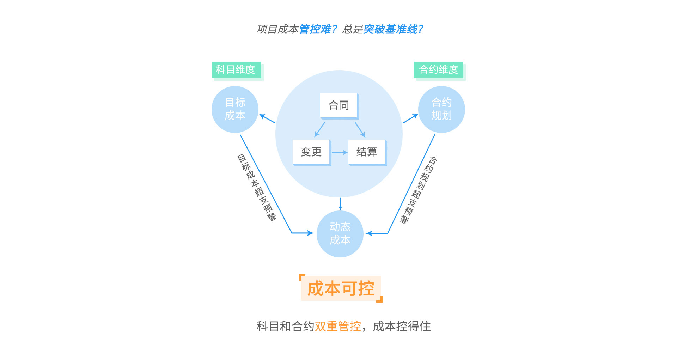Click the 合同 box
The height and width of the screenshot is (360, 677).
click(x=338, y=105)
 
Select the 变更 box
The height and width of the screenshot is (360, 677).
click(x=311, y=152)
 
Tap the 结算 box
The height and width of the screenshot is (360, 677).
click(x=367, y=152)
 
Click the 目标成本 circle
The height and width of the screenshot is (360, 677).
click(x=235, y=109)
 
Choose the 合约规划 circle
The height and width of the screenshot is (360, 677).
click(x=441, y=109)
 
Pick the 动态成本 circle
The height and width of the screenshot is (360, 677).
click(x=340, y=234)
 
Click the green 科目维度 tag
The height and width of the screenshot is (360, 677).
click(x=236, y=70)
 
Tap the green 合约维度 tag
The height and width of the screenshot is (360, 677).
click(x=438, y=70)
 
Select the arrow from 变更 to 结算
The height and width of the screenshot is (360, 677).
click(x=340, y=152)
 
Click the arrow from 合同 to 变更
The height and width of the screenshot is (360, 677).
click(x=319, y=130)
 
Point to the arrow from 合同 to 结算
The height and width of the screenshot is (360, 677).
click(x=360, y=130)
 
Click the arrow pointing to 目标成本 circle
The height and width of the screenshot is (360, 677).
click(x=267, y=118)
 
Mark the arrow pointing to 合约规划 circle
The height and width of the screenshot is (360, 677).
click(x=410, y=119)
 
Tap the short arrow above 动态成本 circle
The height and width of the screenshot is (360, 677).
click(x=340, y=204)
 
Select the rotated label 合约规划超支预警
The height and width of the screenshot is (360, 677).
click(x=419, y=190)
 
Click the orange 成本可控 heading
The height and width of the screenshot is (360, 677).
click(x=341, y=288)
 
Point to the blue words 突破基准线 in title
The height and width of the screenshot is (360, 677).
click(x=390, y=29)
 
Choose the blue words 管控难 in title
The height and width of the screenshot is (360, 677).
click(x=315, y=29)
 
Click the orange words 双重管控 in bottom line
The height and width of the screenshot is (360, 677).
click(x=338, y=327)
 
